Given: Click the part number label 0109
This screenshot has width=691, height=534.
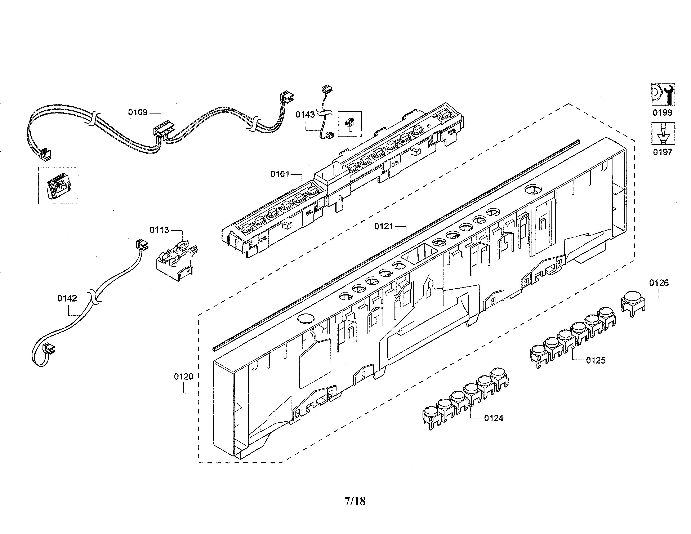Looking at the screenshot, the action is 138,112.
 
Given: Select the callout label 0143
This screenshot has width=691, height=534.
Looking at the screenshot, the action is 305,115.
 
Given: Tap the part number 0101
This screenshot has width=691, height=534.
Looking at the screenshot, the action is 280,174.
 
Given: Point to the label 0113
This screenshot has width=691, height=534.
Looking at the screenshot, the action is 159,230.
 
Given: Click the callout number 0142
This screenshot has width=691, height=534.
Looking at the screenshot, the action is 67,298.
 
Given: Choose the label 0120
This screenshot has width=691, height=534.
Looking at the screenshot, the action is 183,377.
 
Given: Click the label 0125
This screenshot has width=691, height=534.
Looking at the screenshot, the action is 596,360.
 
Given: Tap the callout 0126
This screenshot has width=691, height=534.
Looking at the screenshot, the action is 659,283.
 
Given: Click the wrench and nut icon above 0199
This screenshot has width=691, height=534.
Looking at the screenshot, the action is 663,94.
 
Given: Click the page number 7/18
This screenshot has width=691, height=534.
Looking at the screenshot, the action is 355,501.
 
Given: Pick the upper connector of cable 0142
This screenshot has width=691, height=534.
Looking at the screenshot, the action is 142,245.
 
